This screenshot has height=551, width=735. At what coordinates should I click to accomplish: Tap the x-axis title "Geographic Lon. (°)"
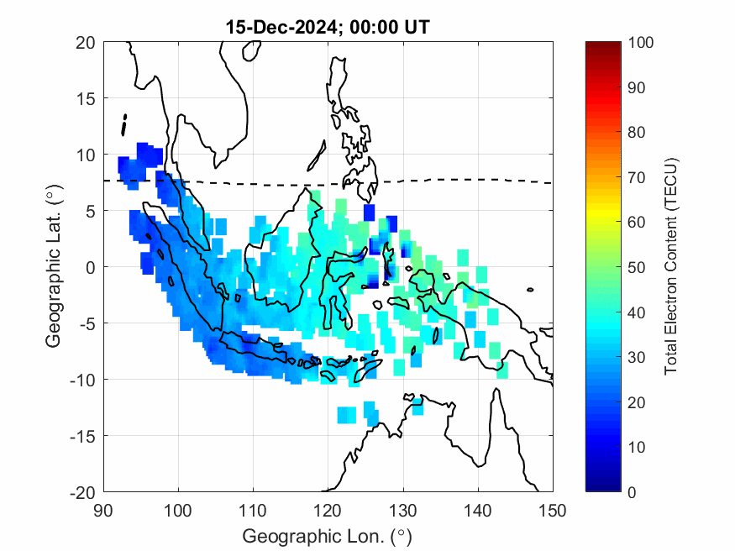point(328,535)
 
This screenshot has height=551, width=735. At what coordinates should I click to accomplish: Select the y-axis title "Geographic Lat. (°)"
point(53,267)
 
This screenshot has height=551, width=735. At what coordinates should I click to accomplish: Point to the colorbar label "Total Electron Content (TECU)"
point(671,266)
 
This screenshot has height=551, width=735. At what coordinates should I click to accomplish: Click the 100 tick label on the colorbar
point(641,42)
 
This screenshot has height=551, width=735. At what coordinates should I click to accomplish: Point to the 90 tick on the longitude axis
point(103,509)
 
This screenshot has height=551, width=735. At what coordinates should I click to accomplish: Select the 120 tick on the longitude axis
point(328,509)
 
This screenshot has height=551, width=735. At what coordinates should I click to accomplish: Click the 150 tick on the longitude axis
point(552,509)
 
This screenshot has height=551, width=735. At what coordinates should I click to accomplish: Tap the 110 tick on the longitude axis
point(253,509)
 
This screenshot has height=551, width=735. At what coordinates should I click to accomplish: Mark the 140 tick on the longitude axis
point(477,509)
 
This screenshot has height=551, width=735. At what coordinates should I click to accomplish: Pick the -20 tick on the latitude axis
point(83,491)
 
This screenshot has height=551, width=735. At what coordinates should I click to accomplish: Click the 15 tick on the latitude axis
point(87,98)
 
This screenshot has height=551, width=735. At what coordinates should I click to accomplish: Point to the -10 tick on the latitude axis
point(83,379)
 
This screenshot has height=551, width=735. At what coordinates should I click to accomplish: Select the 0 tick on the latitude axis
point(91,267)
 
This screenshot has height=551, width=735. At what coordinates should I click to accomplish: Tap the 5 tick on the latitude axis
point(91,211)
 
